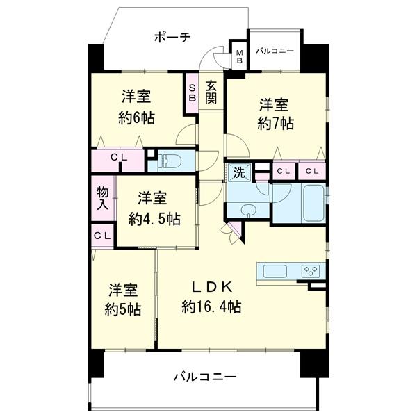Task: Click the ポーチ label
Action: (172, 38)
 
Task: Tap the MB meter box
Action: (240, 56)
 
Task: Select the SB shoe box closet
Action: (192, 93)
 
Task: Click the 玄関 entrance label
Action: (211, 92)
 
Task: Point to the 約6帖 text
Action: (137, 118)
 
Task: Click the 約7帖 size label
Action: (275, 124)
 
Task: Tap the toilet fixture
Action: (170, 161)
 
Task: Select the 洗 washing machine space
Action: (239, 173)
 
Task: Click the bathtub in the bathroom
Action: (314, 203)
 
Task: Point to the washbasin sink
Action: (249, 211)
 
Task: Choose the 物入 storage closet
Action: (103, 198)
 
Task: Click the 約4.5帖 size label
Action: (154, 219)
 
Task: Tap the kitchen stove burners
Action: (311, 271)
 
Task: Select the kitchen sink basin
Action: (275, 271)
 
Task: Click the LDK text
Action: (212, 287)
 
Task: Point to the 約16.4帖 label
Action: (211, 306)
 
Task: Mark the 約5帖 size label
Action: (122, 309)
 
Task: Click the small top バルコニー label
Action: (275, 51)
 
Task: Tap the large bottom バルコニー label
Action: (205, 377)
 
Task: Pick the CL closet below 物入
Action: (102, 236)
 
